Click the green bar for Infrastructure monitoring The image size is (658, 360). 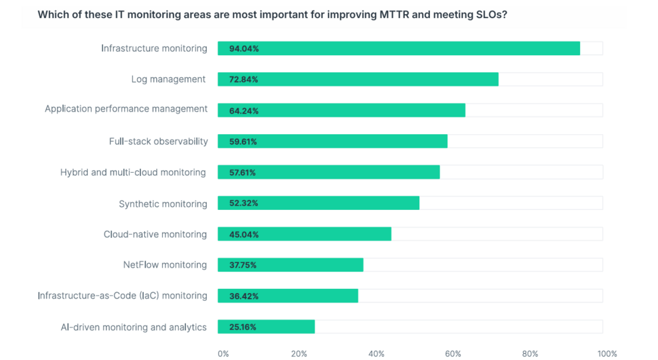tap(399, 48)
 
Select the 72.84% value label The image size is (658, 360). tap(243, 80)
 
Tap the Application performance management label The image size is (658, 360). tap(126, 109)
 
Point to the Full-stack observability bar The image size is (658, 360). tap(332, 141)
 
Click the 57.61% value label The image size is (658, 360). tap(243, 173)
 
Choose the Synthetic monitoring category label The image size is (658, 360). tap(163, 204)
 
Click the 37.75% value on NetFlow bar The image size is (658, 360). tap(243, 265)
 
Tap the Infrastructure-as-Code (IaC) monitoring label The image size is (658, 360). tap(122, 296)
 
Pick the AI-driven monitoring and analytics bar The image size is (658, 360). tap(266, 327)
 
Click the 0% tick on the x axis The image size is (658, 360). tap(223, 354)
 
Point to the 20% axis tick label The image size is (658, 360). tap(299, 354)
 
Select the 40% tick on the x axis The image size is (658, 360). tap(376, 354)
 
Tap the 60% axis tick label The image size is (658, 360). tap(453, 354)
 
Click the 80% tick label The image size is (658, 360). tap(530, 354)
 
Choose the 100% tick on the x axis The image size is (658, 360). tap(607, 354)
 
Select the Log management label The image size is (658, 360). tap(168, 80)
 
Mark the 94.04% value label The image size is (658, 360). tap(243, 48)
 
